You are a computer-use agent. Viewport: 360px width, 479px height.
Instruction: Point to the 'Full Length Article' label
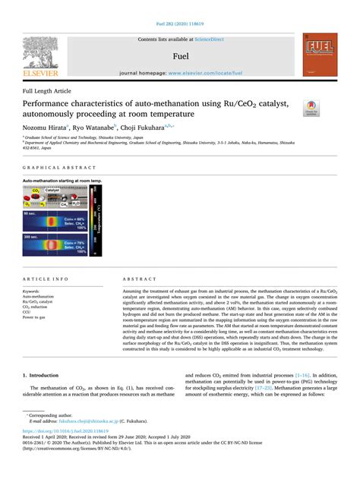click(47, 90)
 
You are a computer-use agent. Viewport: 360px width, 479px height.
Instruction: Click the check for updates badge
click(311, 109)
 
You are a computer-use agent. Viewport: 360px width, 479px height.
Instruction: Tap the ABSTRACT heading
click(137, 279)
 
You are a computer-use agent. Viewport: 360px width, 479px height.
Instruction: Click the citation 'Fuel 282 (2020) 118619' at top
click(179, 24)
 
